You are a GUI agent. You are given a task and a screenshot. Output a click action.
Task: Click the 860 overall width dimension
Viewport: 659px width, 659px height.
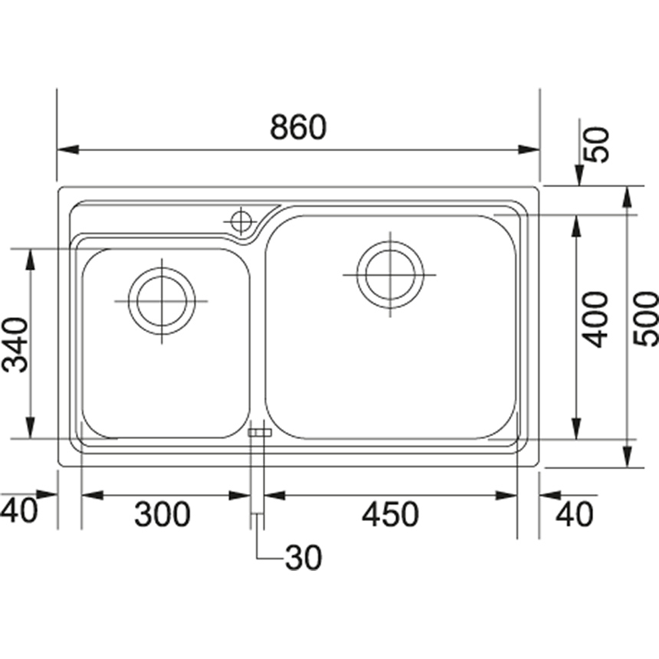point(298,126)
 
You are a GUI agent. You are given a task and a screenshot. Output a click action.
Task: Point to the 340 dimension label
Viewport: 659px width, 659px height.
point(15,345)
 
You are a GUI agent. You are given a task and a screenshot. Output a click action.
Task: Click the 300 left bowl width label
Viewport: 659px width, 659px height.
point(162,514)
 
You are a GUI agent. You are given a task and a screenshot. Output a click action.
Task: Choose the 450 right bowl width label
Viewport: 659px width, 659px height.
point(391,514)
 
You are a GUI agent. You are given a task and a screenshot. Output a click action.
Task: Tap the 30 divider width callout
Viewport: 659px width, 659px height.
point(303,558)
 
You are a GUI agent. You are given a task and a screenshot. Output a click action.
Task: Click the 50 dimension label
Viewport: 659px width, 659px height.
point(597,144)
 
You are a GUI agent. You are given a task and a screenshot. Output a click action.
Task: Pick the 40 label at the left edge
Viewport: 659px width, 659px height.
point(18,510)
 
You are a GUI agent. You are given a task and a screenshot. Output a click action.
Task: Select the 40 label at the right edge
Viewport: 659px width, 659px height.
point(575,514)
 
